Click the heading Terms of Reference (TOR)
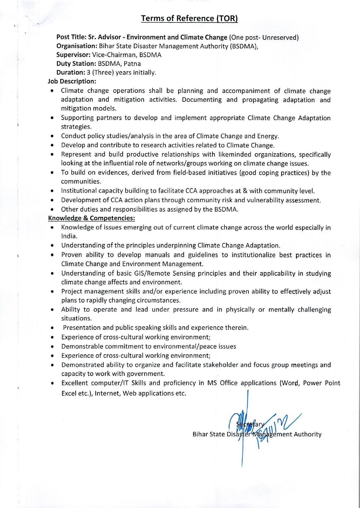pos(189,19)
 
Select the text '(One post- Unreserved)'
pos(264,37)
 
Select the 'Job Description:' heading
pos(72,81)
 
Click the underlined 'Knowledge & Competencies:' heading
pos(91,218)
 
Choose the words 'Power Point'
pos(321,383)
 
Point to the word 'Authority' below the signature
pos(307,434)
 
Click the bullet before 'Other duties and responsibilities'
pos(52,209)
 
